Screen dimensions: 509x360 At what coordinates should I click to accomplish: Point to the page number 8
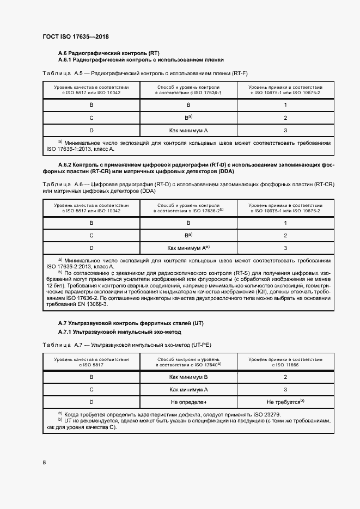coord(44,462)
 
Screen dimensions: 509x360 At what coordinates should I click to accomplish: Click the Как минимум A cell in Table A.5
coord(188,131)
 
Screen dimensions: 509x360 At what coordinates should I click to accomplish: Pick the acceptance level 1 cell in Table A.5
coord(285,105)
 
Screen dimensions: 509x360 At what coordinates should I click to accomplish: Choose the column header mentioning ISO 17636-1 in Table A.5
coord(188,90)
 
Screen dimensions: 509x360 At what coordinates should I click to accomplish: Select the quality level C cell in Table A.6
coord(91,235)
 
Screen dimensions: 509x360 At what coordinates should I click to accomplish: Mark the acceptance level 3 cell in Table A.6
coord(285,248)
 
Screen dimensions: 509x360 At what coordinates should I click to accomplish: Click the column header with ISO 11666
coord(285,362)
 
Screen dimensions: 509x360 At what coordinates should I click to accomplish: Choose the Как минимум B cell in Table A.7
coord(188,377)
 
